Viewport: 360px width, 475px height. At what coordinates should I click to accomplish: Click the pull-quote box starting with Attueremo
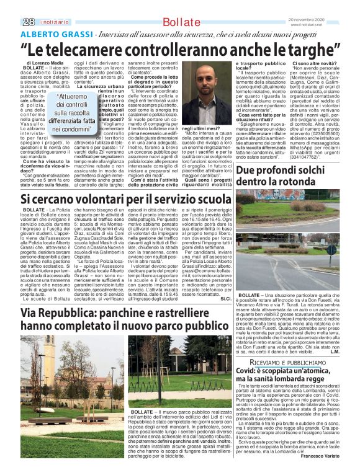pos(73,113)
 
